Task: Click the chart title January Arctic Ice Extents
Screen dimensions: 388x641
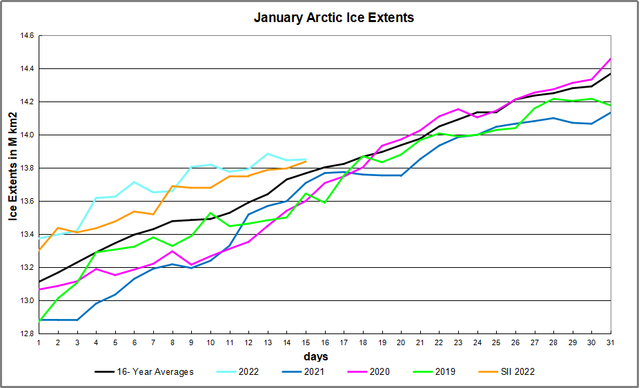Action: pos(334,17)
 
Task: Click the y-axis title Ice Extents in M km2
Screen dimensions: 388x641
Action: pos(12,184)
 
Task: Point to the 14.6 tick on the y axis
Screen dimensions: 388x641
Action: pos(26,36)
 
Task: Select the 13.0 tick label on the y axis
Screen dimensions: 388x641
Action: pos(26,301)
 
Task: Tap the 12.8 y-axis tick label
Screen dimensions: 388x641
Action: pos(26,334)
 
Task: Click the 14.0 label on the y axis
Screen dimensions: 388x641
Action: pos(26,135)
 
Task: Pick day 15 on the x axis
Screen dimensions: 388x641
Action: pos(306,343)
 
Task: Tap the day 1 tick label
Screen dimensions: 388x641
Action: pos(39,343)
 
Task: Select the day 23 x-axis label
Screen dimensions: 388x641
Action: pos(458,343)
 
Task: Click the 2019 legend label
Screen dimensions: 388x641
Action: pos(444,372)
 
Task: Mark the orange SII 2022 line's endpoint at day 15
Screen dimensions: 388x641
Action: pos(306,162)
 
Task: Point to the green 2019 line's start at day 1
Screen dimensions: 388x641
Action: pos(39,322)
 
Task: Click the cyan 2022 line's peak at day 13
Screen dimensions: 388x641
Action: pos(268,153)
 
